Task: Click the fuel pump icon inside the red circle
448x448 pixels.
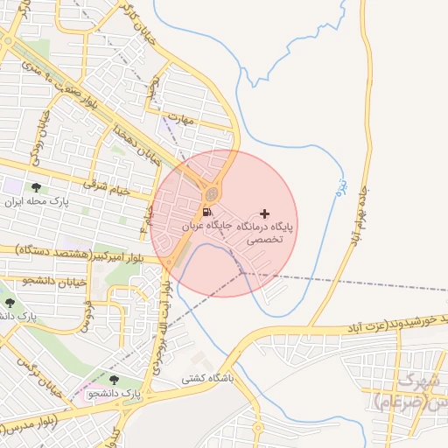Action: coord(206,212)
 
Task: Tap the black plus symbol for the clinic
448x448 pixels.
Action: coord(265,213)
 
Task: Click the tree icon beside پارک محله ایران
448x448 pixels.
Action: coord(36,188)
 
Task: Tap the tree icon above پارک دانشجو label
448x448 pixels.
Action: coord(115,380)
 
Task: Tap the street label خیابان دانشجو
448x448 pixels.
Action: coord(31,281)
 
